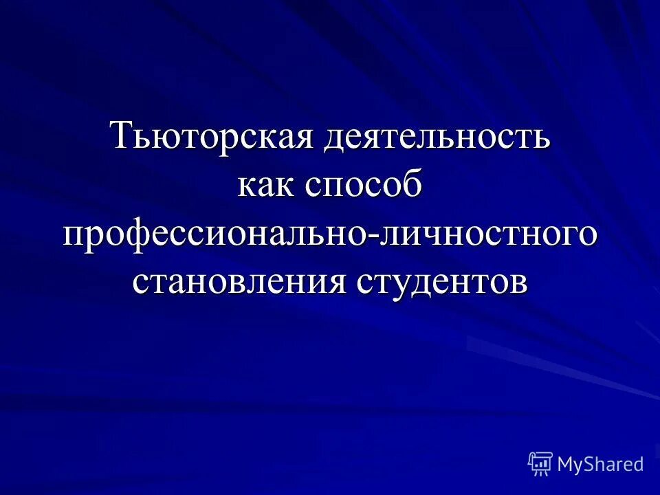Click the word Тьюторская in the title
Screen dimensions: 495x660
point(211,135)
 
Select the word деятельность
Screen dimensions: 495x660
point(438,135)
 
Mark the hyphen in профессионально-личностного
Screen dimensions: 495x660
point(371,236)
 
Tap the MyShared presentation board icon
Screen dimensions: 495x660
point(540,464)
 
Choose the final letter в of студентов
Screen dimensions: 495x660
point(520,283)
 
